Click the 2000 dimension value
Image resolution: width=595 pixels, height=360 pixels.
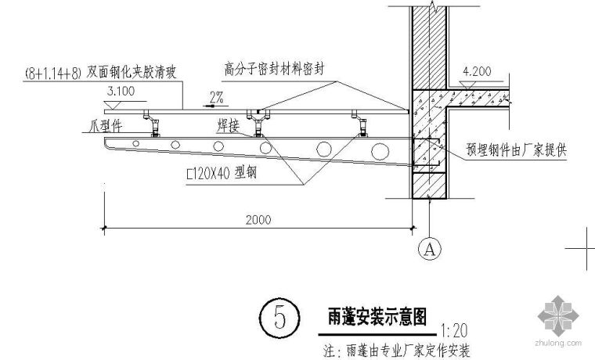(258, 220)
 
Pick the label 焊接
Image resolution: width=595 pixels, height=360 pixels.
(224, 124)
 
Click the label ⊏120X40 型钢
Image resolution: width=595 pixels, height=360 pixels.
(222, 176)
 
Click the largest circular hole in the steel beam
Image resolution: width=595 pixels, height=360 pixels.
(323, 148)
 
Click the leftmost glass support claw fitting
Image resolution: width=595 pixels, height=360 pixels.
(153, 124)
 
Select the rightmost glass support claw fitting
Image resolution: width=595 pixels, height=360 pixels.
(362, 124)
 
